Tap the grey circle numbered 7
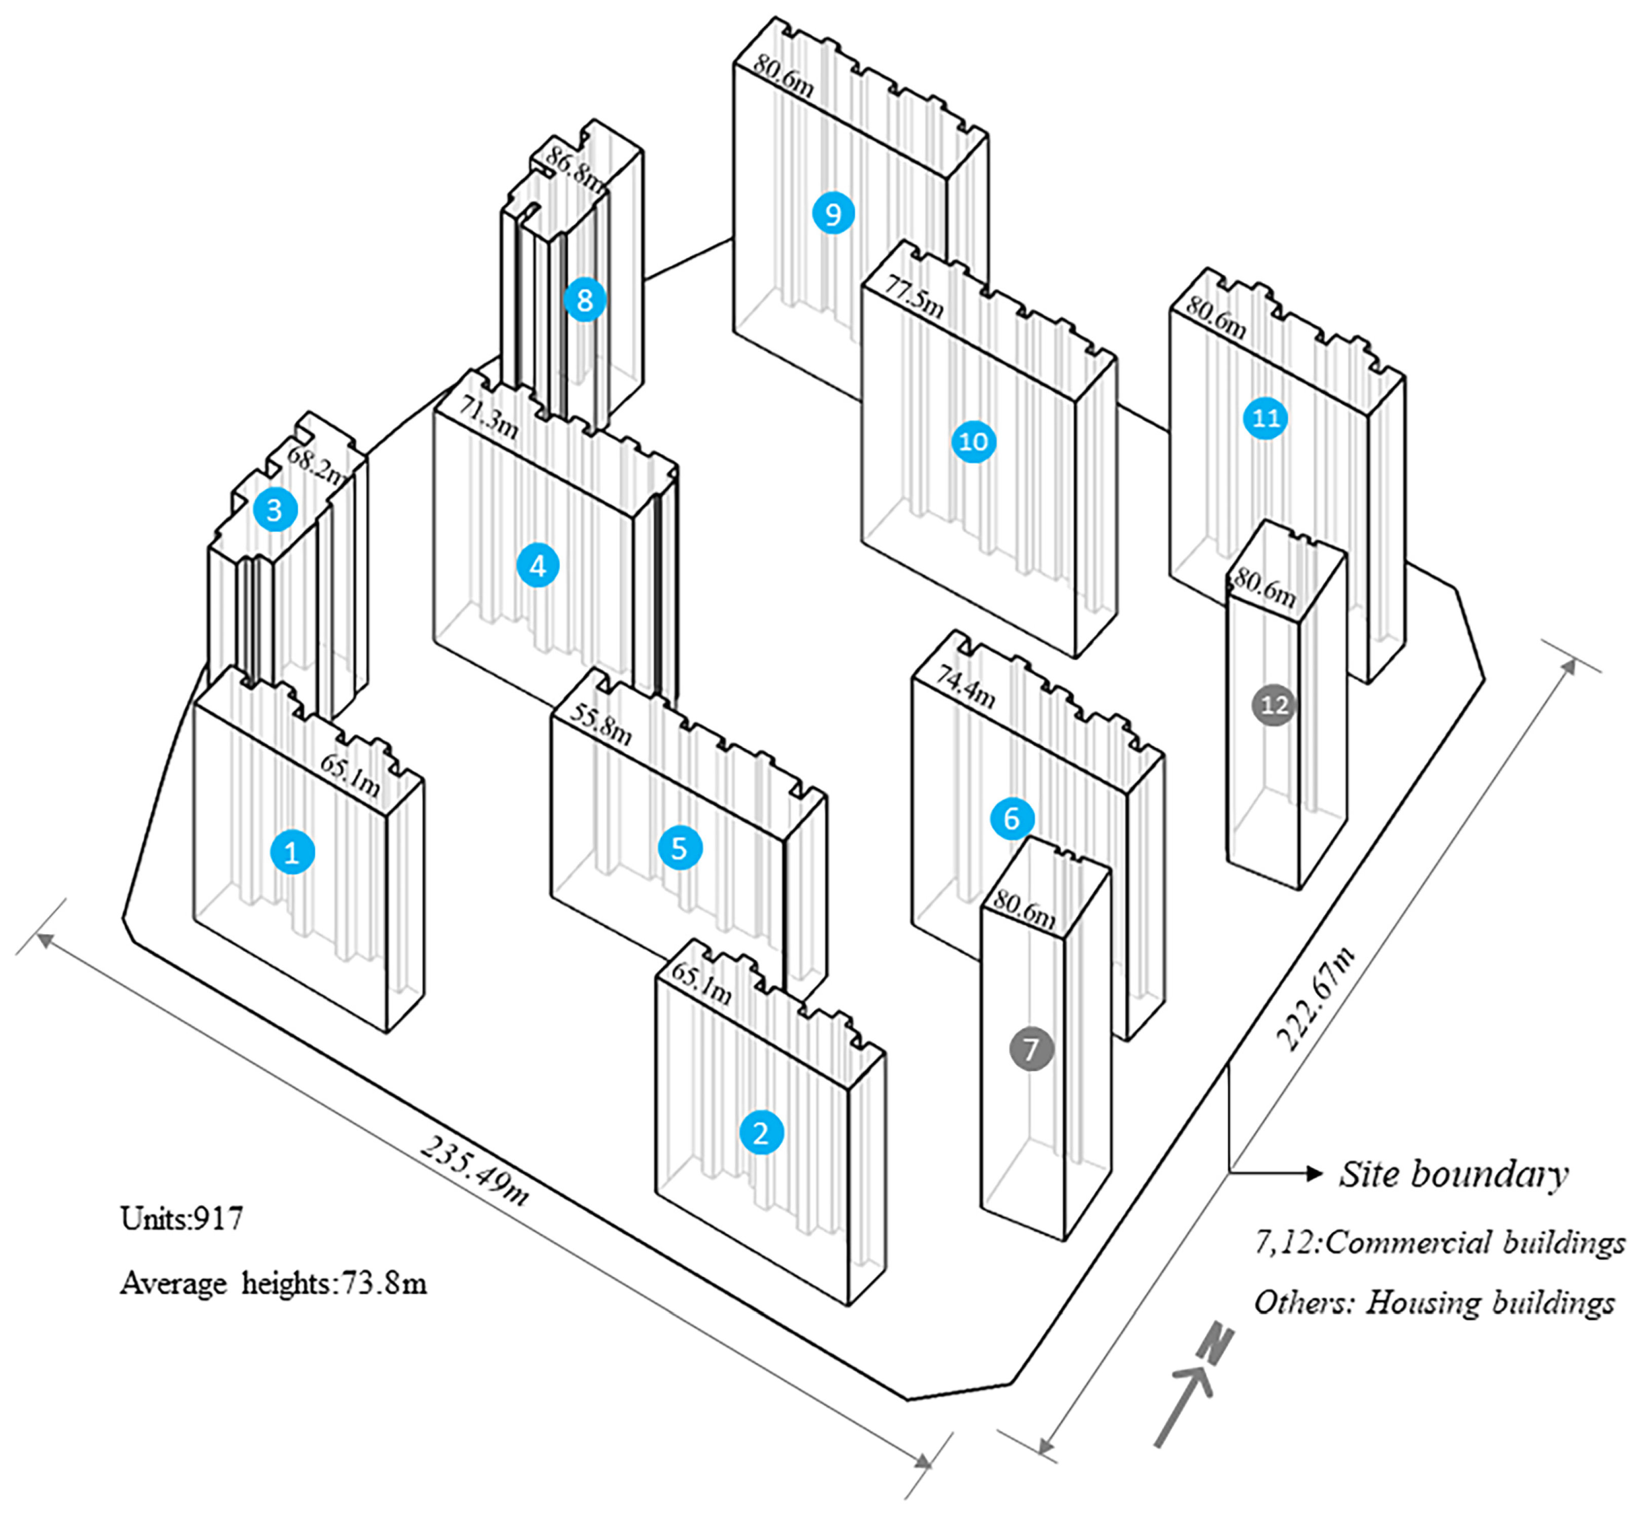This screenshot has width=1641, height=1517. (1031, 1049)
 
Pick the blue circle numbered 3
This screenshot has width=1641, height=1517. (274, 510)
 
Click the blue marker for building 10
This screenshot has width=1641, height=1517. (974, 442)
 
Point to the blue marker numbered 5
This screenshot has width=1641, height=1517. (680, 848)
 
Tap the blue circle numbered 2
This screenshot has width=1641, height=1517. (761, 1133)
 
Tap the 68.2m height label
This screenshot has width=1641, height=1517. (317, 466)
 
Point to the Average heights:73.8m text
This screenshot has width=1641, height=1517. (273, 1283)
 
